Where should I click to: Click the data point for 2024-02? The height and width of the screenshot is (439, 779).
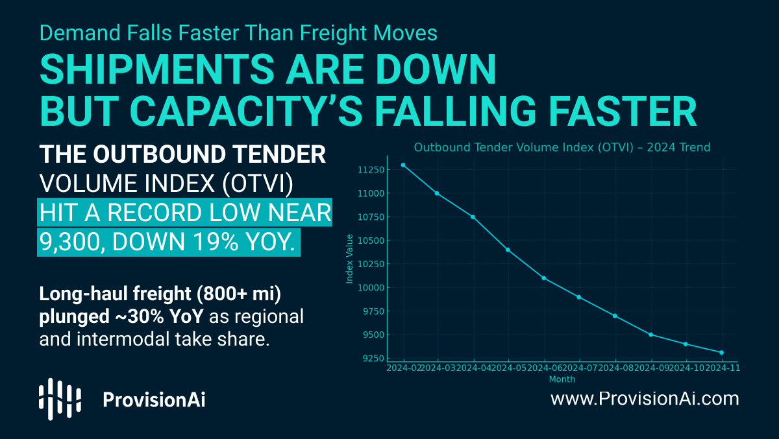click(403, 165)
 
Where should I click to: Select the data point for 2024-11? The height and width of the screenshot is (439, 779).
click(721, 353)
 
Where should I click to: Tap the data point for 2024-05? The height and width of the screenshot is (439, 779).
click(508, 250)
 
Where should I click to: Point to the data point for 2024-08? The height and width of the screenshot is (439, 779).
click(615, 316)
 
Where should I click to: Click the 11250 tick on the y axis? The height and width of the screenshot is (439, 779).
click(371, 170)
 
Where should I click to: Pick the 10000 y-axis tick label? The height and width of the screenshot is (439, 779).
click(371, 288)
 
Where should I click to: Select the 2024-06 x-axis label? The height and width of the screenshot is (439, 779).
click(544, 368)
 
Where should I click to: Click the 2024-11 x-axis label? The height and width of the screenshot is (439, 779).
click(722, 368)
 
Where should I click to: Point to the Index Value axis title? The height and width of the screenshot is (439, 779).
click(349, 258)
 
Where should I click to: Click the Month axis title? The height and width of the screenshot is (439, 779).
click(562, 379)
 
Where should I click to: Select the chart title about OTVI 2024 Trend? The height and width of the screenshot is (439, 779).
click(562, 147)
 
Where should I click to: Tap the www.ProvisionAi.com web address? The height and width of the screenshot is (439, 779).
click(645, 398)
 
